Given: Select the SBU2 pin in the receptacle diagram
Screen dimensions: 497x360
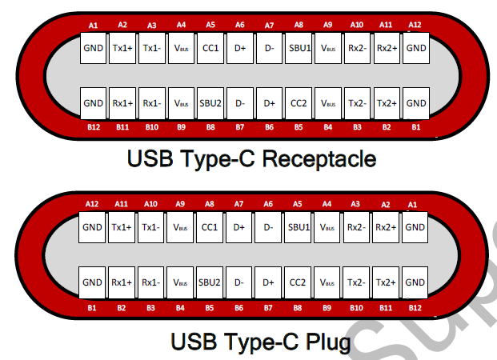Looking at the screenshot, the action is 210,103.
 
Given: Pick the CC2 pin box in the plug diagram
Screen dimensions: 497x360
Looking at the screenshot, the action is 298,282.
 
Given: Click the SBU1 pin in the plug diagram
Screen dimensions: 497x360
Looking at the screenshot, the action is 298,228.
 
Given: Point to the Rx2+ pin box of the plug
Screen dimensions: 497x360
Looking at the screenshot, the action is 386,228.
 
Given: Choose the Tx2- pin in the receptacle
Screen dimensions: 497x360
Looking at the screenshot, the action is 357,103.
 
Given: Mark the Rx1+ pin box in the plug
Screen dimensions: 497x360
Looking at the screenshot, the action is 122,282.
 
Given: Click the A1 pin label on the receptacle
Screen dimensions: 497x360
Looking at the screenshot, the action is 94,26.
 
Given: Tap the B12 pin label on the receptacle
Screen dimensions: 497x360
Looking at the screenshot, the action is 94,126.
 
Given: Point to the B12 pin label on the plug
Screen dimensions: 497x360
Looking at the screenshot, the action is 415,306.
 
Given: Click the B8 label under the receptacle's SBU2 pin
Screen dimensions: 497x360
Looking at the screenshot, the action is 210,126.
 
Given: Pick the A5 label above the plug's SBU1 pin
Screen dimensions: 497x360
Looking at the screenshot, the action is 298,205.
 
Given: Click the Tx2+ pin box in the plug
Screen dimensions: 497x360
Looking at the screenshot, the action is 386,282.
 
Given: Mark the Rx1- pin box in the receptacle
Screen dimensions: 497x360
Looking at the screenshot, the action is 152,103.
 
